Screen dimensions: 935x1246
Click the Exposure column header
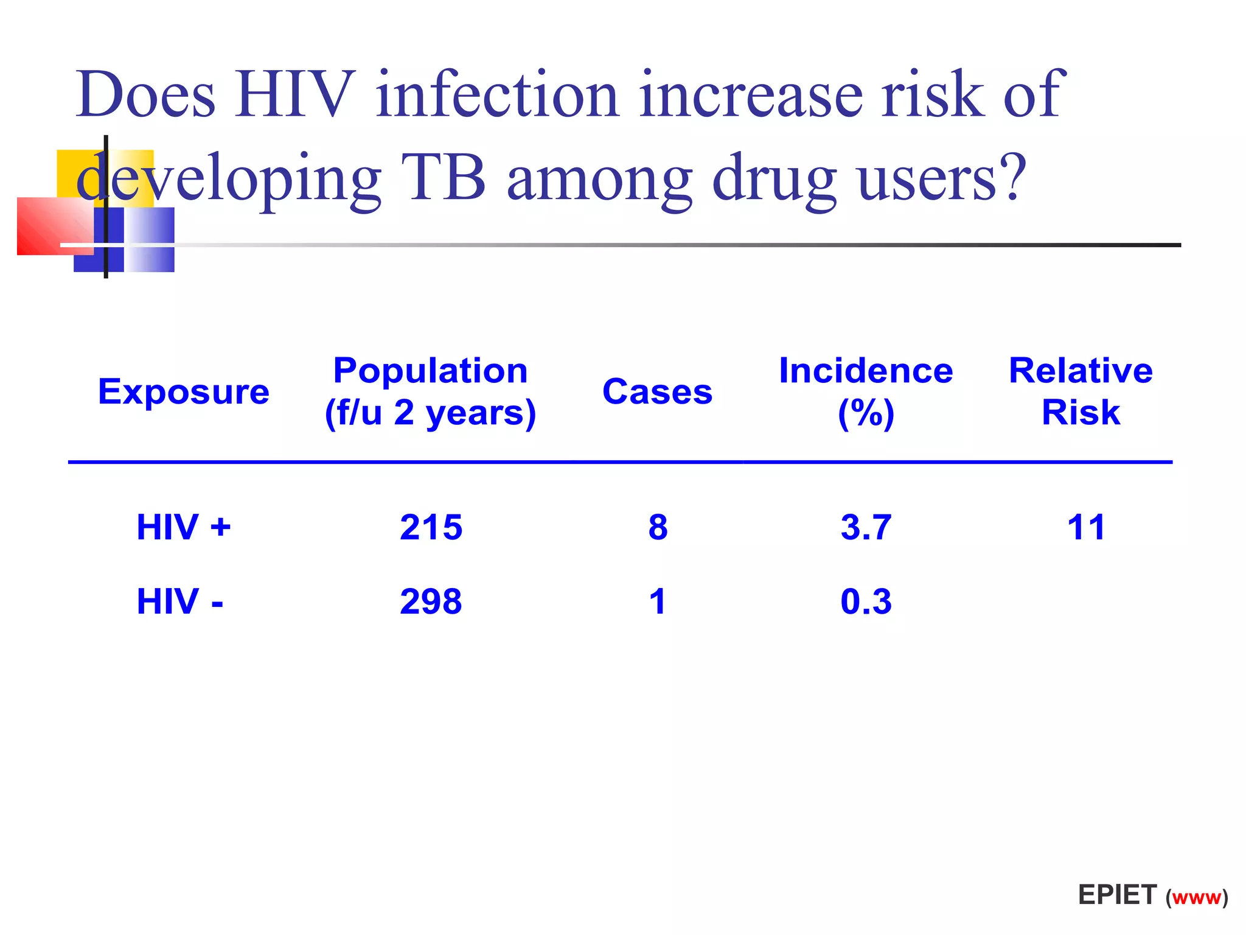click(x=183, y=391)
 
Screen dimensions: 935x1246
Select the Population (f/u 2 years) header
click(x=431, y=391)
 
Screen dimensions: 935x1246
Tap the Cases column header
click(x=657, y=391)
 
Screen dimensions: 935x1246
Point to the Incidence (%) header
click(x=866, y=391)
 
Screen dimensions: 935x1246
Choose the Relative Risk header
click(x=1081, y=391)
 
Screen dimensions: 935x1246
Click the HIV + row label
click(x=183, y=527)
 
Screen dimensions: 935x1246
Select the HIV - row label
click(x=179, y=601)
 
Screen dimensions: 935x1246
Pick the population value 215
click(x=431, y=527)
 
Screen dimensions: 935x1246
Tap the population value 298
click(x=431, y=601)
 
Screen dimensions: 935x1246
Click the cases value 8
click(x=658, y=527)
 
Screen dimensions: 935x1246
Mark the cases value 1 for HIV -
click(x=657, y=601)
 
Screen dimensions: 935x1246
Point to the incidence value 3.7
click(x=866, y=527)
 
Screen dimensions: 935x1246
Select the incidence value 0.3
click(x=866, y=601)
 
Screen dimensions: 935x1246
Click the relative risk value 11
click(x=1086, y=527)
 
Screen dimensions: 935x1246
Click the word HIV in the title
click(x=295, y=94)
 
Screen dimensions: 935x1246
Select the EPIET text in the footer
click(x=1117, y=895)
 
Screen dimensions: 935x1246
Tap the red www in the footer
click(x=1197, y=898)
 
